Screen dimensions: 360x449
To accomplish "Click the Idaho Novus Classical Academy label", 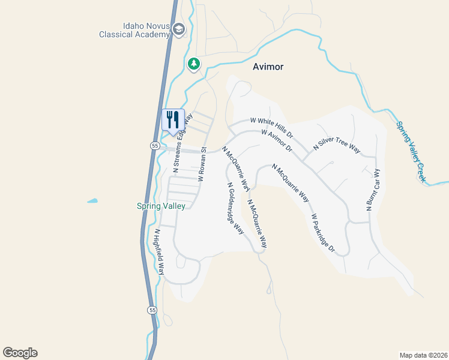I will pyautogui.click(x=134, y=31).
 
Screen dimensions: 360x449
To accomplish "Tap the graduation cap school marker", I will pyautogui.click(x=178, y=28).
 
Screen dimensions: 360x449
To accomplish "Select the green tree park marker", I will pyautogui.click(x=193, y=63).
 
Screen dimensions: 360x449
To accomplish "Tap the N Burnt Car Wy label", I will pyautogui.click(x=373, y=190).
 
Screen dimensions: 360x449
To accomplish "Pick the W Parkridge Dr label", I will pyautogui.click(x=322, y=233).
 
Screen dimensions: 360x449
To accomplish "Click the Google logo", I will pyautogui.click(x=20, y=353).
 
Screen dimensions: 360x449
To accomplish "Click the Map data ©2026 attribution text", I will pyautogui.click(x=423, y=355).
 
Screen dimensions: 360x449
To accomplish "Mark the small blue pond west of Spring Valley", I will pyautogui.click(x=92, y=200).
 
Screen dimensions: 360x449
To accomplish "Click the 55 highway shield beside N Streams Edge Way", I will pyautogui.click(x=154, y=146).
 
